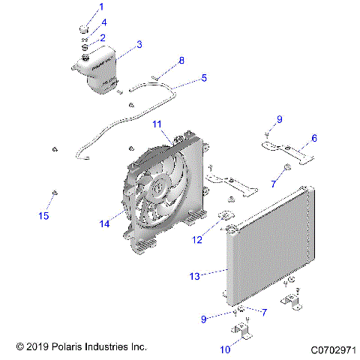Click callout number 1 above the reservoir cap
(103, 8)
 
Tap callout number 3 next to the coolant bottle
(139, 45)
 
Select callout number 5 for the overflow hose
(203, 76)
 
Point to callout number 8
(180, 60)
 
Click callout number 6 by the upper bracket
(313, 138)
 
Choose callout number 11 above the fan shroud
(157, 123)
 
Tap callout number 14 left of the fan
(104, 223)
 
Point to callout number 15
(43, 216)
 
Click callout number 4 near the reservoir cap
(104, 22)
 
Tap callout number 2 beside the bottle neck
(102, 37)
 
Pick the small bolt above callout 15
(54, 193)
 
